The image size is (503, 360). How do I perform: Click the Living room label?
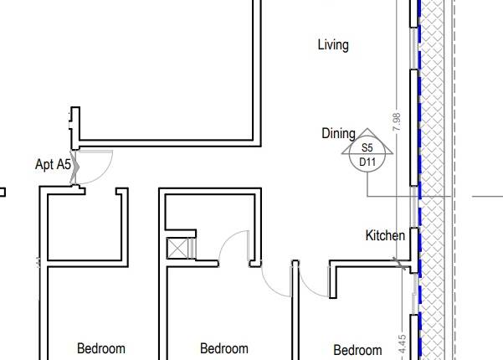point(333,45)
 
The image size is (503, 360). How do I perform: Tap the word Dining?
point(338,133)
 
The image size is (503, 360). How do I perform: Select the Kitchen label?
point(385,236)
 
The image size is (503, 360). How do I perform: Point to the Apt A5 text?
point(53,164)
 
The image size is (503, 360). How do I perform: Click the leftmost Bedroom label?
point(100,348)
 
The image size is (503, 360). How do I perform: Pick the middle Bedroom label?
point(224,348)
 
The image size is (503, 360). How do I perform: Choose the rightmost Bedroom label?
point(357,350)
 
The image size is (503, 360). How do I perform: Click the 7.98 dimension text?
point(397,122)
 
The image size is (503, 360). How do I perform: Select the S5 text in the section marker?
point(367,148)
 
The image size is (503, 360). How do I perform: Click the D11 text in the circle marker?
point(367,161)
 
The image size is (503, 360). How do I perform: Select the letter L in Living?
point(321,45)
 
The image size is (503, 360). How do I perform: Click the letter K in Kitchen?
point(369,236)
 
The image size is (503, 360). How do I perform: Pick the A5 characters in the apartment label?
point(64,164)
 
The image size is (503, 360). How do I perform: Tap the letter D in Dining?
point(326,133)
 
